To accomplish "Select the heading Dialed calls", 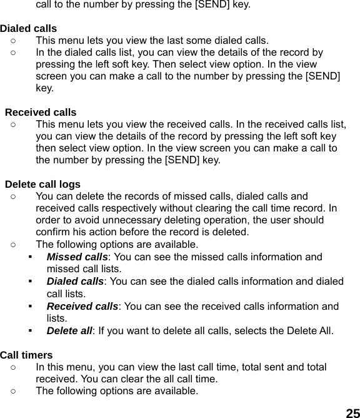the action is tap(29, 28).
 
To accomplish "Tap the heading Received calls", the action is tap(41, 113).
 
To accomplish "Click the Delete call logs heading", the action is tap(42, 184).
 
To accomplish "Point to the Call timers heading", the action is tap(26, 355).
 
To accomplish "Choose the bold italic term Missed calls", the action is tap(77, 257).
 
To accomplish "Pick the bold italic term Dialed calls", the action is tap(75, 282).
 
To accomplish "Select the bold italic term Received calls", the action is tap(82, 306).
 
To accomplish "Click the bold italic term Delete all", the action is tap(69, 330).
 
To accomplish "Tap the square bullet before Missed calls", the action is tap(30, 257).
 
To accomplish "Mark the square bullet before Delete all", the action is tap(30, 330).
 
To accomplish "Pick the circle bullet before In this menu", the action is tap(14, 368).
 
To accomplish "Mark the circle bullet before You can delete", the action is tap(14, 196).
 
